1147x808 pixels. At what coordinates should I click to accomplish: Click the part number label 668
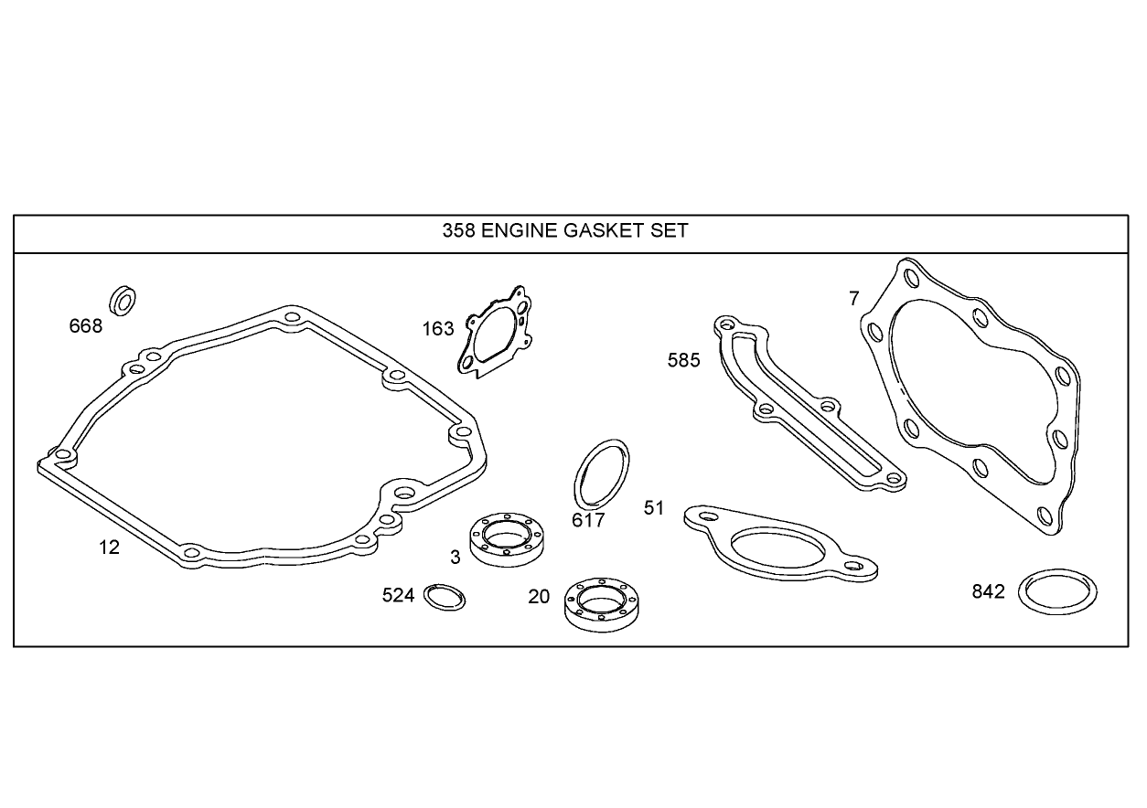[x=86, y=325]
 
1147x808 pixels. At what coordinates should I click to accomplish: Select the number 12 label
[x=110, y=548]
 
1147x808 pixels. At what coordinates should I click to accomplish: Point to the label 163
[x=438, y=329]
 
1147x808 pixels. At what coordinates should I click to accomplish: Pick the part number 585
[x=683, y=360]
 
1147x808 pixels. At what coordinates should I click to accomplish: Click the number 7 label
[x=854, y=299]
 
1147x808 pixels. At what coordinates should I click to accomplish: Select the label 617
[x=588, y=520]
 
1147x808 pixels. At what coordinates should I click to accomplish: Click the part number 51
[x=654, y=508]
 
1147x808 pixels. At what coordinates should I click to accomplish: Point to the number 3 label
[x=455, y=558]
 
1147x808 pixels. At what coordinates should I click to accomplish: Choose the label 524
[x=399, y=596]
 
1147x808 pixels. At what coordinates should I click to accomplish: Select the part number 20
[x=539, y=597]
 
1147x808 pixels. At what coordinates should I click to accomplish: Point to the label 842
[x=988, y=592]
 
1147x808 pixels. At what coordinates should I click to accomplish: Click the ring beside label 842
[x=1058, y=593]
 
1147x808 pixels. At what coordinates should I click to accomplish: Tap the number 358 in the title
[x=458, y=230]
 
